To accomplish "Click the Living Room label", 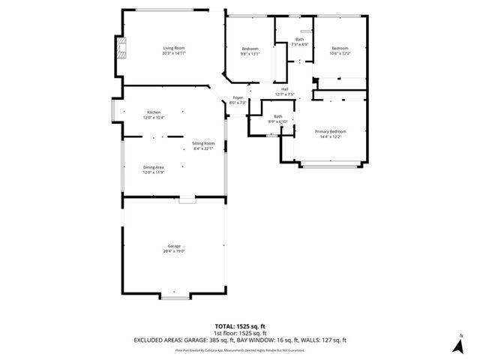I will tap(174, 48).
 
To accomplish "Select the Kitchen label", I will tap(154, 112).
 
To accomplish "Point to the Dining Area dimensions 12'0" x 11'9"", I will tap(154, 172).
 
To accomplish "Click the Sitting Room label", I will tap(203, 142).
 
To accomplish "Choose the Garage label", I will tap(174, 246).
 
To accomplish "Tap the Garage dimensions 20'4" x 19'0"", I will tap(174, 251).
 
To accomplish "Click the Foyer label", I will tap(238, 97).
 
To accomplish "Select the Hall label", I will tap(285, 89).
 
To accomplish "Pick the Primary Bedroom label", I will tap(330, 131).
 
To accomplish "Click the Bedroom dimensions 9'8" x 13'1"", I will tap(250, 53).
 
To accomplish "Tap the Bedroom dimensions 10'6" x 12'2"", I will tap(340, 53).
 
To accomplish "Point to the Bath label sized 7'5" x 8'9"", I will tap(300, 39).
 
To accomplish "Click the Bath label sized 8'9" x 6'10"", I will tap(278, 116).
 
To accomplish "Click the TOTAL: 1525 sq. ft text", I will tap(240, 327).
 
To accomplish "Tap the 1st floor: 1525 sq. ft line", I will tap(240, 333).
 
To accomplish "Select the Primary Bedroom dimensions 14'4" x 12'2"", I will tap(330, 136).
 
